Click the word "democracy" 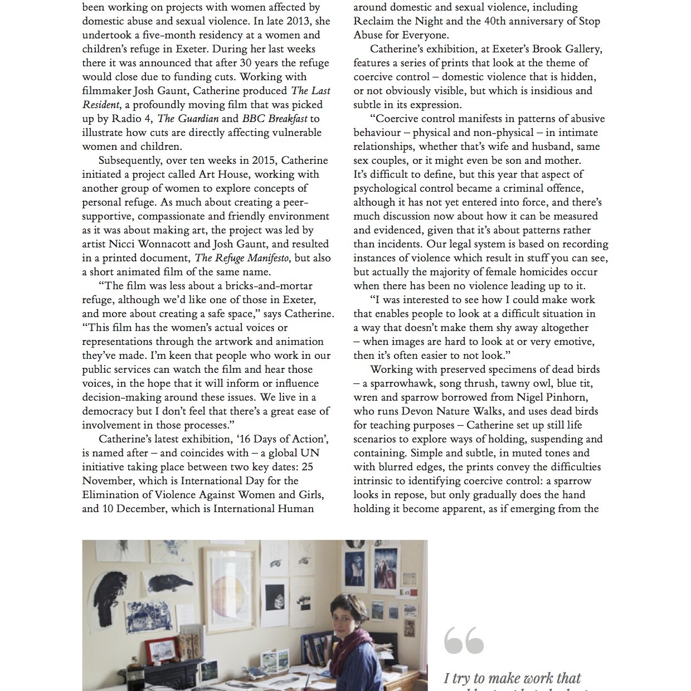tap(108, 411)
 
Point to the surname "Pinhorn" tap(565, 397)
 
